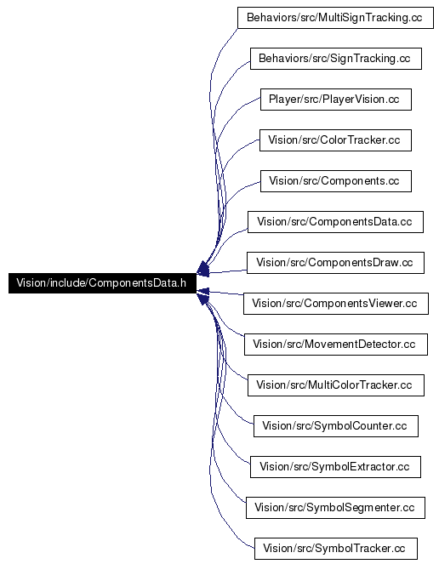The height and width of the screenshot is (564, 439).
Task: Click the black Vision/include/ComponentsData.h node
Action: tap(102, 283)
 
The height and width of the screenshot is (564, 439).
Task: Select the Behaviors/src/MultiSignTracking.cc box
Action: tap(335, 18)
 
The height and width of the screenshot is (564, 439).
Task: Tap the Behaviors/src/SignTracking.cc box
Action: tap(336, 59)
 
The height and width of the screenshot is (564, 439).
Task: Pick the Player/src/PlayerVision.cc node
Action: tap(336, 100)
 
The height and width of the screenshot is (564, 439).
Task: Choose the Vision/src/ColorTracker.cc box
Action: tap(335, 140)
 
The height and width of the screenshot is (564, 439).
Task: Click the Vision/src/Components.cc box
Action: tap(336, 181)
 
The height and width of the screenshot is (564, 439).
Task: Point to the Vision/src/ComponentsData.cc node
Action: tap(335, 222)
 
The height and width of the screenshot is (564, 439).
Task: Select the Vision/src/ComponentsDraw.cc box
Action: tap(335, 263)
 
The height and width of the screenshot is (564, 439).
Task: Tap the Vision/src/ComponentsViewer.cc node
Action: tap(336, 304)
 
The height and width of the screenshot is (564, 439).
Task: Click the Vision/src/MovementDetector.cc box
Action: tap(336, 345)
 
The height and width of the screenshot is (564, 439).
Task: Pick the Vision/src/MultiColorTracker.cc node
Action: tap(336, 385)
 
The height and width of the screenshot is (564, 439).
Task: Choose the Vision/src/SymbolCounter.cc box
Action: tap(336, 426)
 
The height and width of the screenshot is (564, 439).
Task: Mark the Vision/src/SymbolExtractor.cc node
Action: tap(335, 467)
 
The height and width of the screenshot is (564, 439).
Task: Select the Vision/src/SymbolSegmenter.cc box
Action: tap(335, 508)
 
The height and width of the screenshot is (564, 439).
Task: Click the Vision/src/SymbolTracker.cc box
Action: tap(336, 549)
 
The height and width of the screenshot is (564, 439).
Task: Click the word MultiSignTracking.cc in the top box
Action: tap(370, 18)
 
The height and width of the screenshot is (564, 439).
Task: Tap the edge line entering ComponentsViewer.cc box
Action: tap(227, 293)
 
